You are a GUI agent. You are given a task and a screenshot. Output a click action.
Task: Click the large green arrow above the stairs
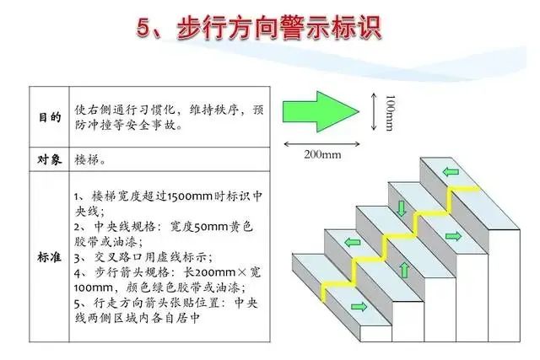321,111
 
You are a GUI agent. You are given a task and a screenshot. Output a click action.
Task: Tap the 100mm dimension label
390,113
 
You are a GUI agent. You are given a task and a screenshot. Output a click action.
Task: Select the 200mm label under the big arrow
322,154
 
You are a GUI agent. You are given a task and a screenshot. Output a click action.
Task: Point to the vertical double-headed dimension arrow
374,111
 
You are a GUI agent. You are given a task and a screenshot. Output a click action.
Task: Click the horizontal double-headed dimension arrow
321,144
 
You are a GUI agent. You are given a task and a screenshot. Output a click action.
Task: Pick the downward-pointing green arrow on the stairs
402,208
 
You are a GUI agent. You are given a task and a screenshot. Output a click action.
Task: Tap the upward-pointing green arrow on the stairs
405,270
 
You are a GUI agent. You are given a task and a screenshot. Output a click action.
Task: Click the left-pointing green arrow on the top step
451,171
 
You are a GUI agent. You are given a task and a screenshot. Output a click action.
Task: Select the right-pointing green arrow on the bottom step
359,306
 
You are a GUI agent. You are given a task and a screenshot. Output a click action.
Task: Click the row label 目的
50,117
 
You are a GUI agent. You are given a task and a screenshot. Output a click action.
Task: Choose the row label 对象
50,159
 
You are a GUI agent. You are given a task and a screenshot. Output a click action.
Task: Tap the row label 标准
50,257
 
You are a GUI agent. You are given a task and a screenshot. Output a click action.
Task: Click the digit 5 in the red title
143,27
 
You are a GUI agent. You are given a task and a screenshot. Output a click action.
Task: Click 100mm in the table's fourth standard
93,287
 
